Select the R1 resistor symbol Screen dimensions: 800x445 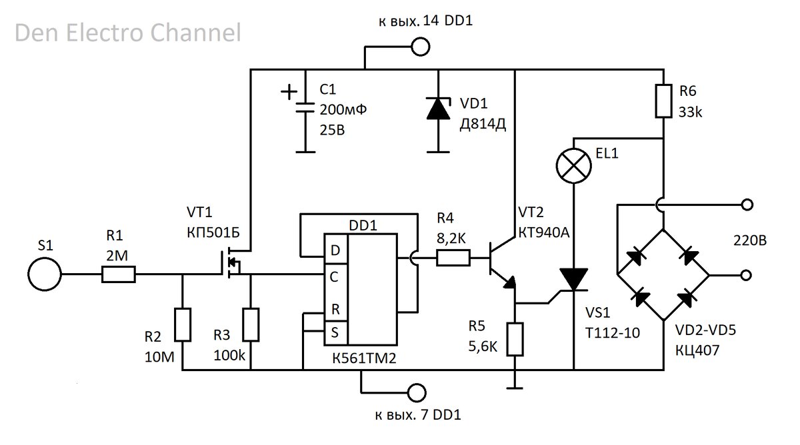[x=119, y=274]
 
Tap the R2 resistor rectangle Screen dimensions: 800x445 [x=183, y=324]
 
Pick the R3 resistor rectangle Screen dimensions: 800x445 [x=251, y=324]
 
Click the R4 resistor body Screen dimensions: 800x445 [x=453, y=258]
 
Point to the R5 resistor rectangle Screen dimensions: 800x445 [x=515, y=339]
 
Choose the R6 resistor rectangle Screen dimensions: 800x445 [x=663, y=101]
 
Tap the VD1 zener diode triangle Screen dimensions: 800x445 [x=438, y=108]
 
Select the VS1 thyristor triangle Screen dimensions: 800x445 [x=573, y=279]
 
